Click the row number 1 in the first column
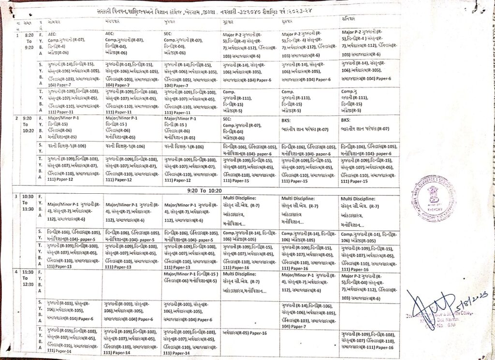17,35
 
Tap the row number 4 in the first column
17,273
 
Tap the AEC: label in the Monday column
53,34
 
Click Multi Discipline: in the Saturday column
358,198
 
